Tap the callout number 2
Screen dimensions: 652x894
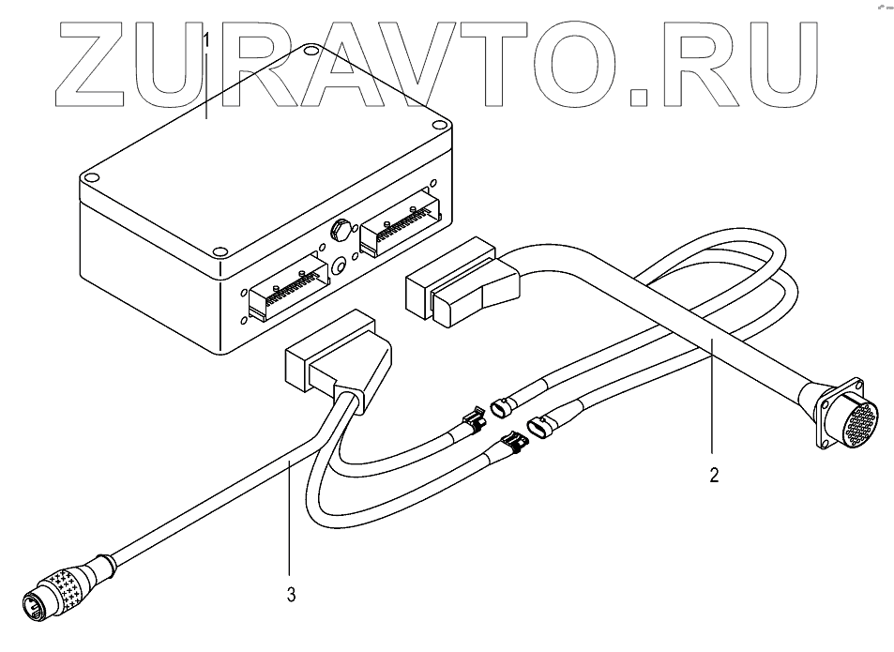pos(714,476)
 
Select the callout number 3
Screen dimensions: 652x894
pos(291,593)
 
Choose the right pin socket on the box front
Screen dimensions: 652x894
pos(402,225)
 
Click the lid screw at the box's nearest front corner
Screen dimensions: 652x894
pos(219,251)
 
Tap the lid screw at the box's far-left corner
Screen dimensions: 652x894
pos(91,175)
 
